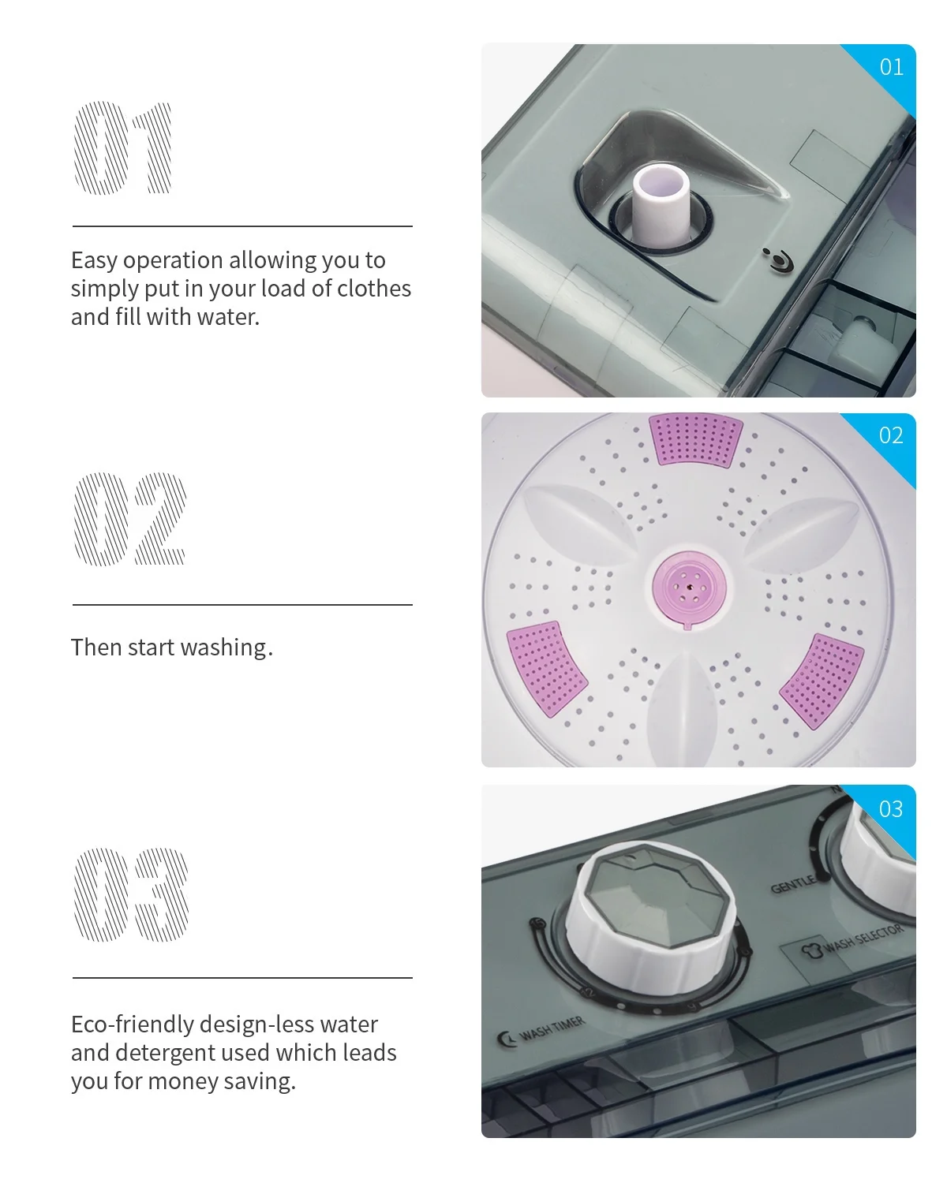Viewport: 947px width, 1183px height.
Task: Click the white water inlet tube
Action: [x=660, y=206]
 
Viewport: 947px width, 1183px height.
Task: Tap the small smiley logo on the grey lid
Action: [x=779, y=260]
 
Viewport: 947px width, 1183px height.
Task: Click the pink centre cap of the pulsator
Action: [x=689, y=587]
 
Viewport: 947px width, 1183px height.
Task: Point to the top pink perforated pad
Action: [x=695, y=440]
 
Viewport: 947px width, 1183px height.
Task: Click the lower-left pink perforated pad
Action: [x=546, y=669]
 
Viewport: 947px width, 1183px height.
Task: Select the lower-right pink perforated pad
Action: [x=822, y=681]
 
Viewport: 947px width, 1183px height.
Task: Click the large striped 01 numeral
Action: [x=122, y=147]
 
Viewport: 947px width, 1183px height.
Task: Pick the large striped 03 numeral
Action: [x=131, y=894]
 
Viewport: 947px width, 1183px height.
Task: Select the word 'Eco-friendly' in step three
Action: [x=132, y=1024]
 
